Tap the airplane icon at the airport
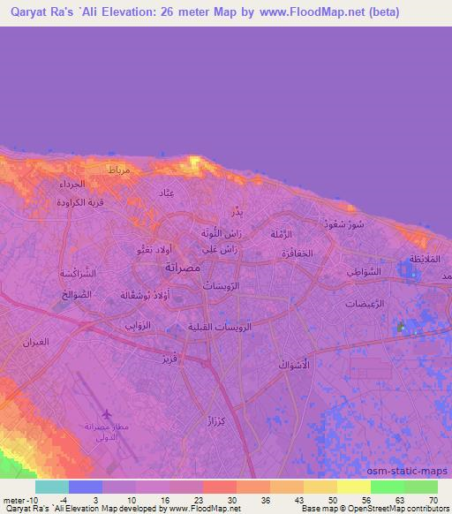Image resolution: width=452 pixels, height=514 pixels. [108, 414]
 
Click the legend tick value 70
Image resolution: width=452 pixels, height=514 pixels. [433, 499]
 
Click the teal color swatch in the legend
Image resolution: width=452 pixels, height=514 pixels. [52, 487]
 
